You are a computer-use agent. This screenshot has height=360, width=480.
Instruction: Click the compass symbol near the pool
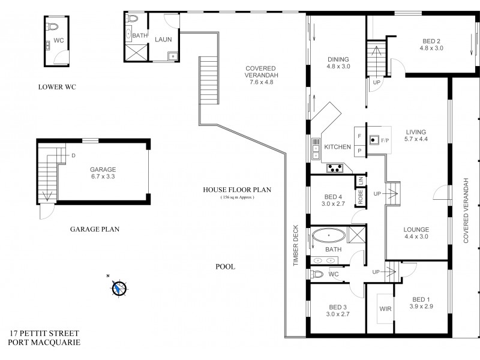(119, 288)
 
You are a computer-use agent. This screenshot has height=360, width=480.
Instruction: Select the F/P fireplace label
(385, 140)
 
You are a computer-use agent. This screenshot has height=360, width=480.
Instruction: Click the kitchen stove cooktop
(334, 169)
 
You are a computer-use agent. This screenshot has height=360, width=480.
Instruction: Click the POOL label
(226, 266)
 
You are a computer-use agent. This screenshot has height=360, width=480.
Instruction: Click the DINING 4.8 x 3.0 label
(338, 62)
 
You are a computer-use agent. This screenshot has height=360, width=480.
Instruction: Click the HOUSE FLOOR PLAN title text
(237, 190)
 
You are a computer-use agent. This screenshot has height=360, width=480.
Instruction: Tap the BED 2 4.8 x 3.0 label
(431, 44)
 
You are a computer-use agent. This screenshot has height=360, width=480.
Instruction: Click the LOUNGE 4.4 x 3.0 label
(416, 233)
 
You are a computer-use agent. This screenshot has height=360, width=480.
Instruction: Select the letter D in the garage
(73, 155)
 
